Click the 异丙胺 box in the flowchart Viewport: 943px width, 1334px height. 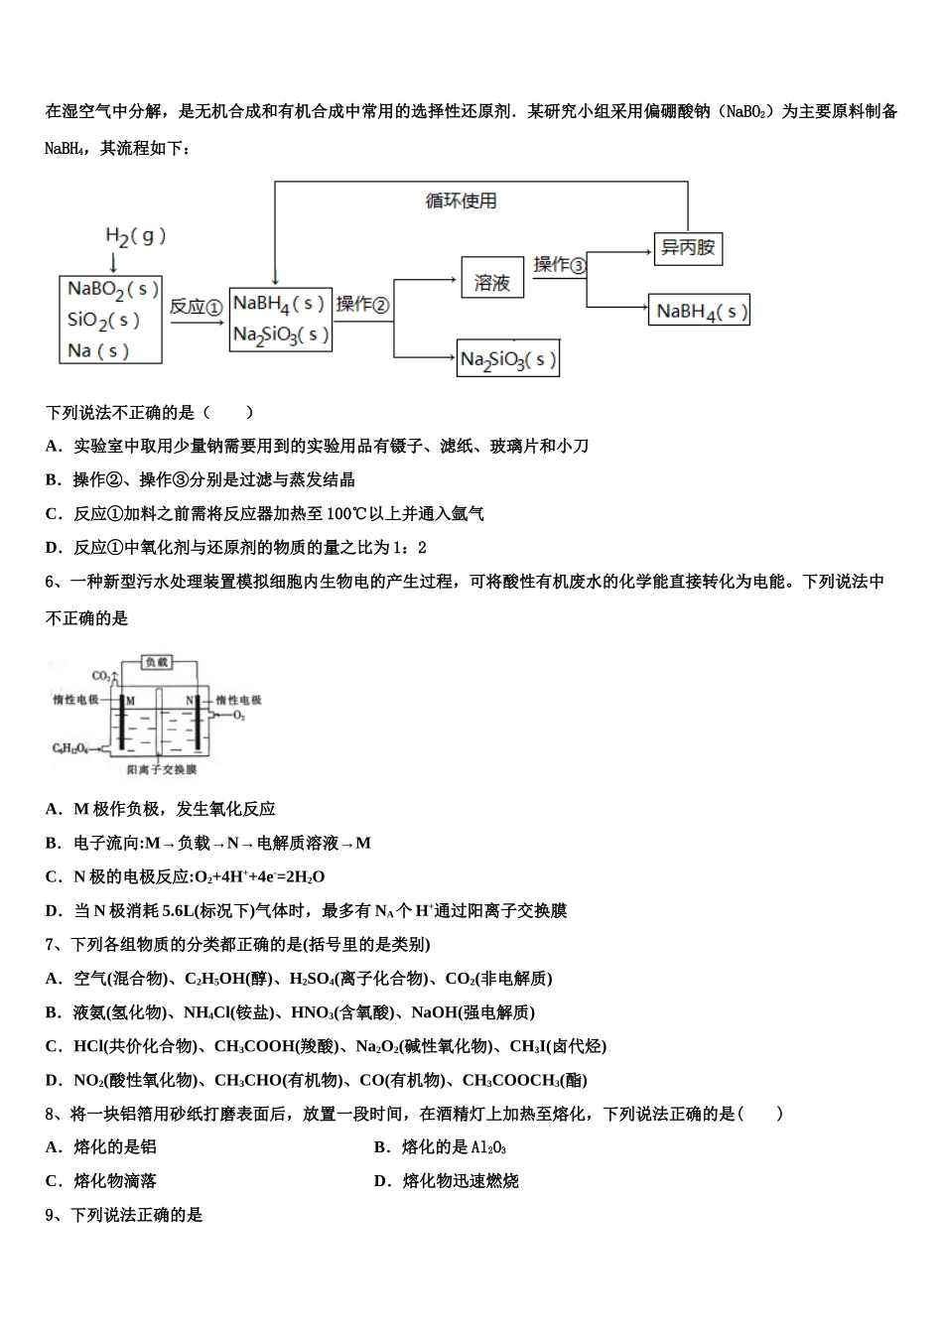(x=688, y=248)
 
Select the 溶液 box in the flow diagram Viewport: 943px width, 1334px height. (x=491, y=282)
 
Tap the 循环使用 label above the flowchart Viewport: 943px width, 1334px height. (x=461, y=201)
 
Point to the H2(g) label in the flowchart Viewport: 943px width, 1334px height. (x=135, y=236)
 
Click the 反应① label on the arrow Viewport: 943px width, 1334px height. (x=195, y=307)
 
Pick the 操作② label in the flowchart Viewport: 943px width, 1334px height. (x=362, y=305)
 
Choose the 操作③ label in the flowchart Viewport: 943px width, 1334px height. (x=560, y=265)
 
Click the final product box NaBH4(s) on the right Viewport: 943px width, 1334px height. (x=699, y=312)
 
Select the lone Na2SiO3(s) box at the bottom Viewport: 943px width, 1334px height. (x=508, y=359)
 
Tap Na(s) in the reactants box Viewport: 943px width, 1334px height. (x=98, y=350)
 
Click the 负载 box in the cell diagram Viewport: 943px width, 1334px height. (x=157, y=662)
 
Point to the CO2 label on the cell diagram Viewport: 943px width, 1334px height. (x=101, y=676)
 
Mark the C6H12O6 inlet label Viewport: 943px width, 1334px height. (x=71, y=747)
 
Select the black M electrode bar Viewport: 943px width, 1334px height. (x=121, y=722)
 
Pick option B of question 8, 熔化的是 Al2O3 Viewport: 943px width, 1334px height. (x=441, y=1147)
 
